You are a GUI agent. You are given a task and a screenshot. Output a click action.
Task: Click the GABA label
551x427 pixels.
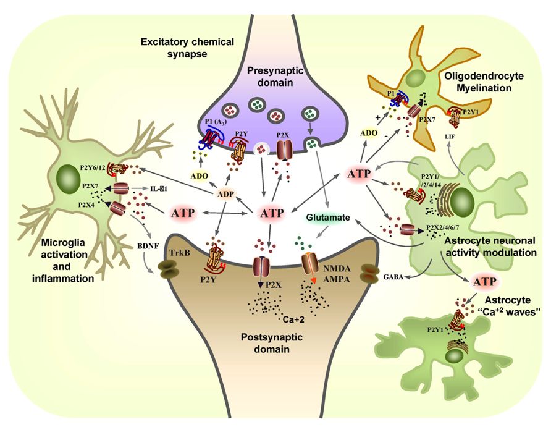click(394, 278)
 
